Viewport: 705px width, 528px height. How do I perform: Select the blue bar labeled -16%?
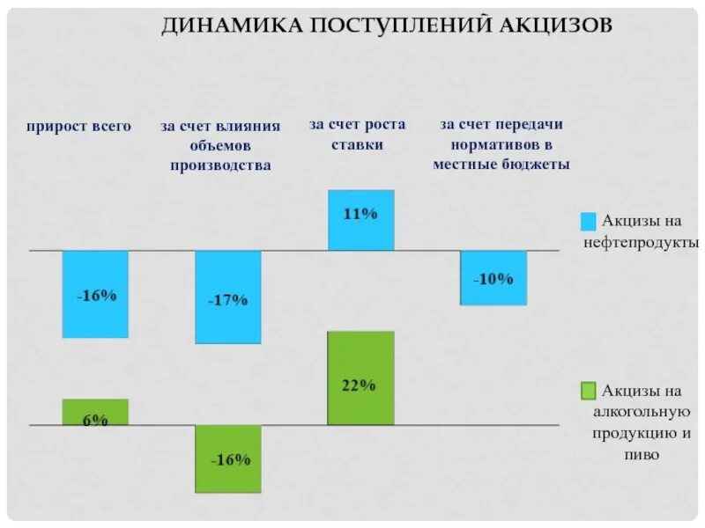coord(95,295)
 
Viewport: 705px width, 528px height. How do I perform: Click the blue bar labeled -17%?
coord(228,297)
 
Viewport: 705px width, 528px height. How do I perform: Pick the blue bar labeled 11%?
coord(360,220)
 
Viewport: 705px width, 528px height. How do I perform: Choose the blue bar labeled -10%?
coord(493,278)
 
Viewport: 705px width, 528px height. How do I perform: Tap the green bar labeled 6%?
coord(95,412)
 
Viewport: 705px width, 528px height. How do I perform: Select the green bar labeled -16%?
coord(228,458)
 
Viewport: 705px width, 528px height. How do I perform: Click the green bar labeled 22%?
coord(360,378)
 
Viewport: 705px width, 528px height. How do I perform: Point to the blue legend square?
coord(589,220)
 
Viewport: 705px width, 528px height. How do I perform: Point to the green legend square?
coord(589,390)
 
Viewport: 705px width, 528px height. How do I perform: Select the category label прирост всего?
coord(78,126)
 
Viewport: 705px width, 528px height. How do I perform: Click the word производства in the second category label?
coord(220,165)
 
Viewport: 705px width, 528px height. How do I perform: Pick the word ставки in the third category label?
coord(357,145)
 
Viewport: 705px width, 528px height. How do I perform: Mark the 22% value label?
coord(359,385)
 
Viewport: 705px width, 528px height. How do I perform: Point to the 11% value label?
coord(360,213)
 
